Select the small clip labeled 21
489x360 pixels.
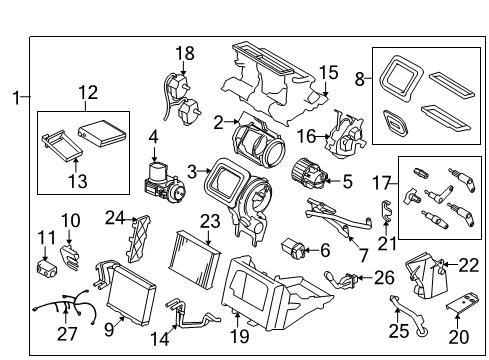click(x=386, y=212)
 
